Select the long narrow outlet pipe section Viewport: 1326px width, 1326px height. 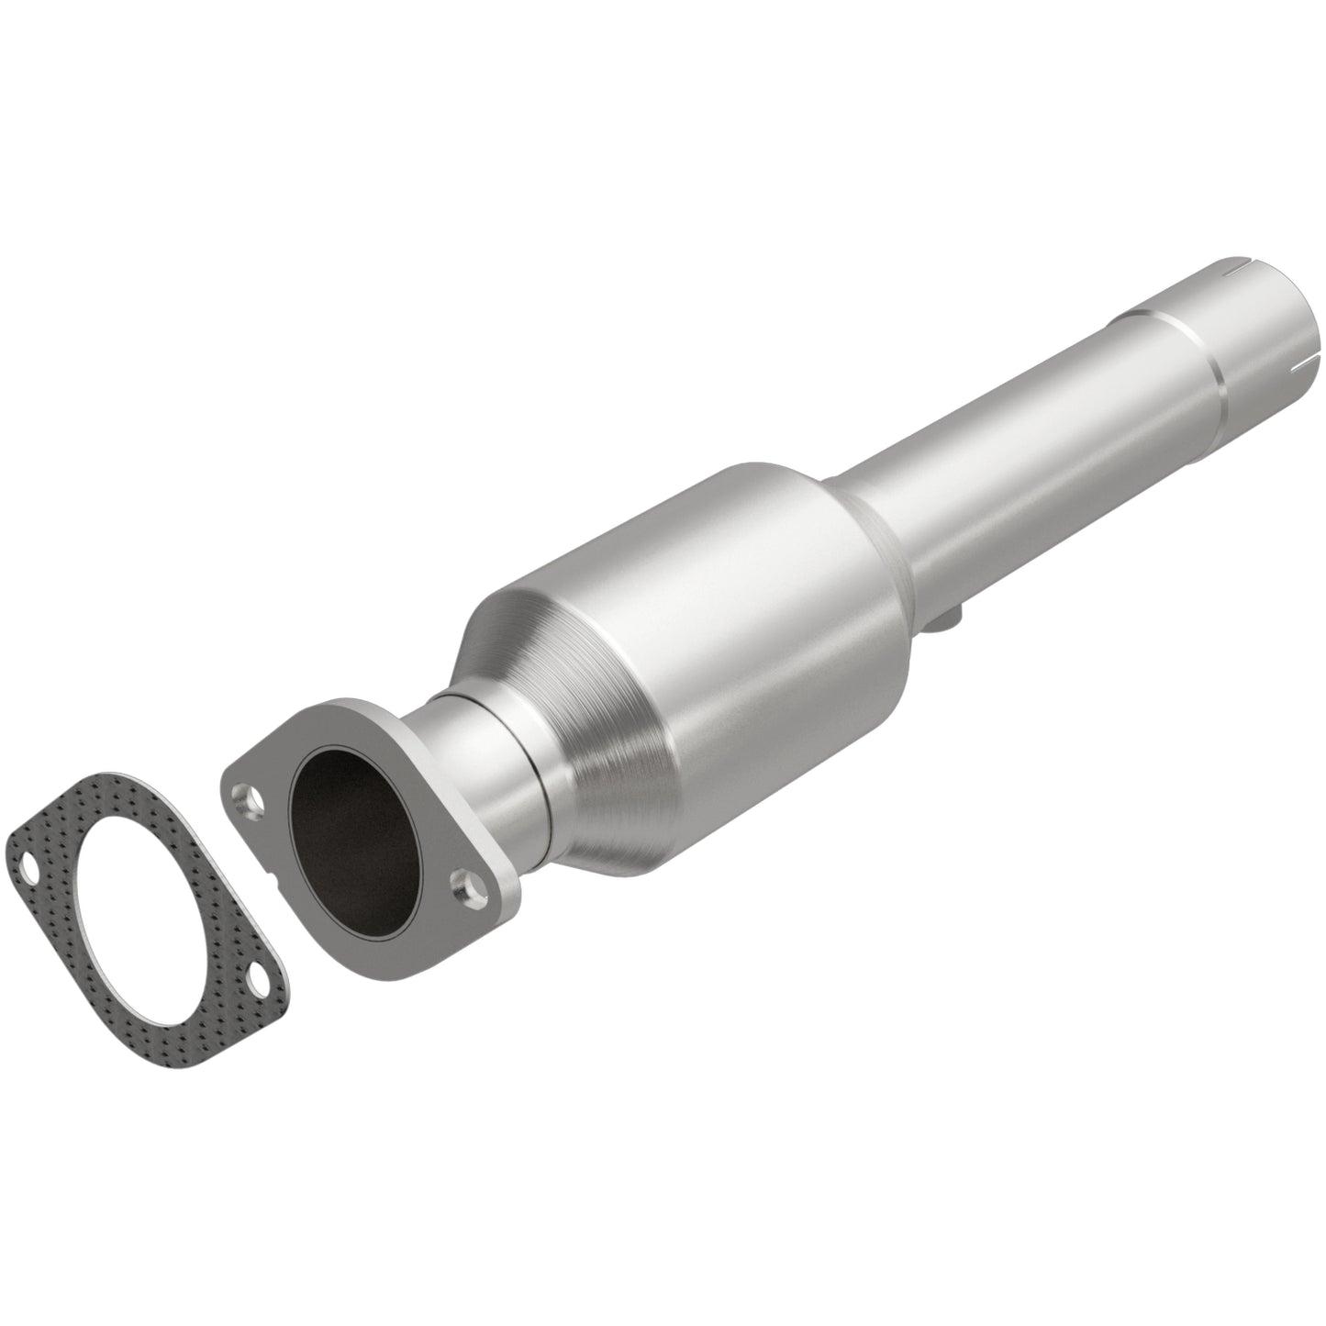pyautogui.click(x=1009, y=431)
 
